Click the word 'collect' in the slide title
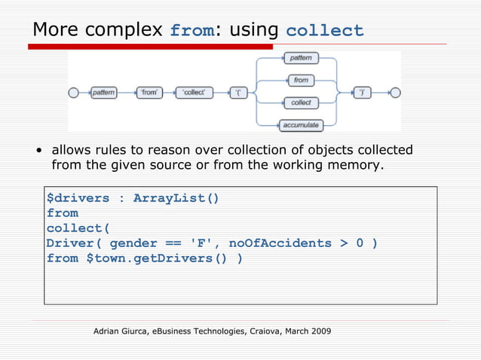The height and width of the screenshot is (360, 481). tap(325, 31)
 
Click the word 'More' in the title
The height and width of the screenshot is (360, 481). tap(57, 30)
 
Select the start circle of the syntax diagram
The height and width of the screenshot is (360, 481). tap(73, 93)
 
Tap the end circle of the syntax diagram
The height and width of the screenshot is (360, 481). tap(396, 93)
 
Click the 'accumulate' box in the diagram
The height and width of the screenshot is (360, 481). tap(300, 125)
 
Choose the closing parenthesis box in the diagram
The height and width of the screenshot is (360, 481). tap(363, 93)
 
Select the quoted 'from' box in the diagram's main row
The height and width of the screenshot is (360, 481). tap(150, 93)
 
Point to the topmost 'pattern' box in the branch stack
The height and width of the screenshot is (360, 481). tap(301, 58)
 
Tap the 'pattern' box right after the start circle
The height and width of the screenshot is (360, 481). tap(104, 93)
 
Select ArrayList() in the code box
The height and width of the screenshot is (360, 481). tap(176, 198)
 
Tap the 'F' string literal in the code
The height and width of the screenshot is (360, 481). tap(200, 243)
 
